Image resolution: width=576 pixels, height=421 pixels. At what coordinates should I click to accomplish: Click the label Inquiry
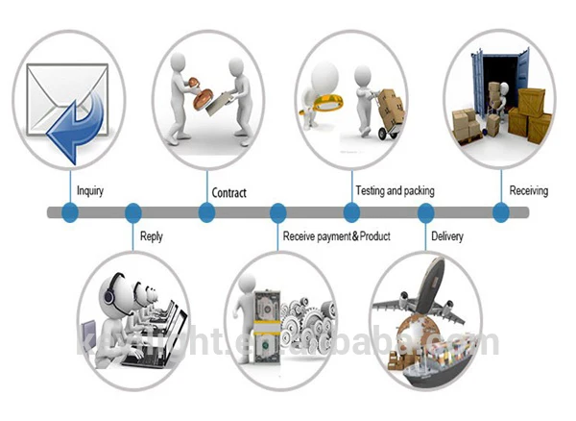click(x=89, y=191)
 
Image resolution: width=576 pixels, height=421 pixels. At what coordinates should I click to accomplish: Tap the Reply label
click(x=152, y=235)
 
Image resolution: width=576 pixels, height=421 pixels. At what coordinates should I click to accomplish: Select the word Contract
click(x=228, y=193)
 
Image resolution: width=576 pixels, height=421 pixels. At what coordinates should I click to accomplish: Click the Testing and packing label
click(x=395, y=191)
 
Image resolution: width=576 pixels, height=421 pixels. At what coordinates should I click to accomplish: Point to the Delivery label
click(x=448, y=235)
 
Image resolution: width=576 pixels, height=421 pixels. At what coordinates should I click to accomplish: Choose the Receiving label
click(x=528, y=191)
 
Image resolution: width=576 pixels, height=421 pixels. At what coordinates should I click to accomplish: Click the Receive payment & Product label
click(x=336, y=235)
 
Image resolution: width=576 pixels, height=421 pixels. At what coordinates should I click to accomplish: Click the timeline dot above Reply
click(x=133, y=212)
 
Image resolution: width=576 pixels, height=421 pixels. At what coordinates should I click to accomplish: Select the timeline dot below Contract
click(x=205, y=212)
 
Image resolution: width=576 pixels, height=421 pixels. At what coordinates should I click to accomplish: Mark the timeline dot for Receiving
click(x=500, y=212)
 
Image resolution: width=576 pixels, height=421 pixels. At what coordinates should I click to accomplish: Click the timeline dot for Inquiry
click(x=69, y=212)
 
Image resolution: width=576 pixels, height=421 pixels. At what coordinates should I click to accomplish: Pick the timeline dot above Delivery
click(x=425, y=212)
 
